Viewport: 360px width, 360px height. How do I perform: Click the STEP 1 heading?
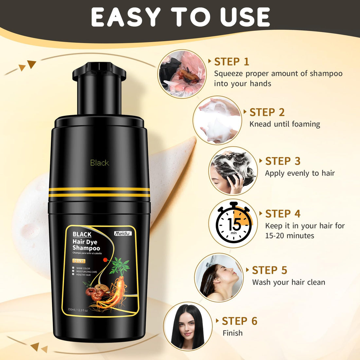pos(231,62)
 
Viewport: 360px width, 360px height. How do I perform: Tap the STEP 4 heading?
pos(283,214)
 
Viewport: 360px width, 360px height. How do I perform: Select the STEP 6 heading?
pos(240,321)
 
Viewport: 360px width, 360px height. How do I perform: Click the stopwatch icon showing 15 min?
pos(233,223)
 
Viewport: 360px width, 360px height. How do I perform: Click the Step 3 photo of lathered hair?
pos(233,171)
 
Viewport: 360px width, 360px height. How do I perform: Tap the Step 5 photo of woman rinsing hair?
pos(219,277)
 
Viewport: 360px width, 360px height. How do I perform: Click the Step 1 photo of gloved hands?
pos(182,73)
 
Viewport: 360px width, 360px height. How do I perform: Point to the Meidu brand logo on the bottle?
pos(123,233)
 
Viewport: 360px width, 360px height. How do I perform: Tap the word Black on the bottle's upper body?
pos(99,163)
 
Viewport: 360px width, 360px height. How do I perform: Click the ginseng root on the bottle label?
pos(115,288)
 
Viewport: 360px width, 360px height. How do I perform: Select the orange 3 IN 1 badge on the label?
pos(79,261)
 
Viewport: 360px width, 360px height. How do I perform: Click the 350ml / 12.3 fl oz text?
pos(78,310)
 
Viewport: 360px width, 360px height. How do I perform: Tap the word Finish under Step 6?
pos(233,333)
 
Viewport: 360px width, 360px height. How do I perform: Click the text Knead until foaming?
pos(285,124)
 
